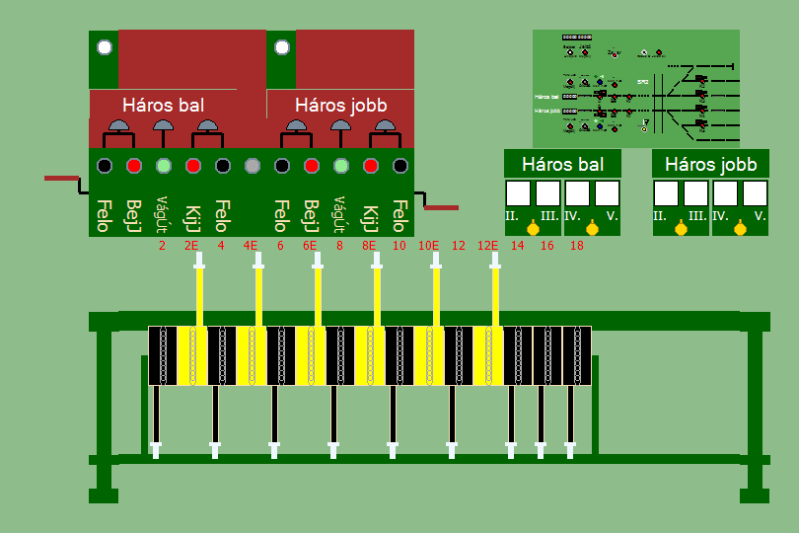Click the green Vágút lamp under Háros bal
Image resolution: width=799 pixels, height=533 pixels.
[x=164, y=165]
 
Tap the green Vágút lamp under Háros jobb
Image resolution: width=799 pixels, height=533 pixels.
[x=341, y=165]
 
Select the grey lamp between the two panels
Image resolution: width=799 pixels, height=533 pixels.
[x=253, y=165]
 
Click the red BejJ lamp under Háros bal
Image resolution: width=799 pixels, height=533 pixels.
[x=134, y=165]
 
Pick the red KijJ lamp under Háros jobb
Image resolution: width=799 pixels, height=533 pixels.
[x=371, y=165]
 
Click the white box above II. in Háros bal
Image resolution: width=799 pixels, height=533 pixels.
[x=519, y=192]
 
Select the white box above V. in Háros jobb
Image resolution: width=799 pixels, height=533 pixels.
[x=756, y=192]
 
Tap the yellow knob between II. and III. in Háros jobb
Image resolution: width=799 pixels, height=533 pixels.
[x=682, y=229]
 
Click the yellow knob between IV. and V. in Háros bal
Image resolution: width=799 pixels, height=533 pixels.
[x=592, y=229]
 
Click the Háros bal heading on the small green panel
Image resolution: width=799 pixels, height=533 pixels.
[x=562, y=164]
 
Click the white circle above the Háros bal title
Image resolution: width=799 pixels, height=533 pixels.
[x=105, y=47]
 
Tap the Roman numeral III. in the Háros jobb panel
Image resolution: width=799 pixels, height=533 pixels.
[x=696, y=215]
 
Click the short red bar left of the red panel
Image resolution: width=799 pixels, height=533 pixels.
[x=61, y=179]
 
